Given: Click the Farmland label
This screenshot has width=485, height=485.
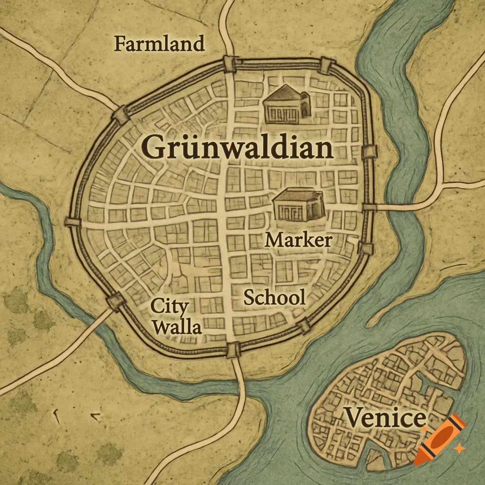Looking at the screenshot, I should [x=160, y=44].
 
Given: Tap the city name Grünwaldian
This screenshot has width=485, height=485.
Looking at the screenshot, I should [x=237, y=147].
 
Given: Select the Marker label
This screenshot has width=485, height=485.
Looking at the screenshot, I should [x=298, y=240].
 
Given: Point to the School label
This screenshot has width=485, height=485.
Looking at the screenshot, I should [x=274, y=297].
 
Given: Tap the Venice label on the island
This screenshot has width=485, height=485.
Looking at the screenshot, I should [x=385, y=418].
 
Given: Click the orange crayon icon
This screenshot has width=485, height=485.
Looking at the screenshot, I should [x=439, y=439].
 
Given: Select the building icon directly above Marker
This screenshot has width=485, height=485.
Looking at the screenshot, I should [x=299, y=205].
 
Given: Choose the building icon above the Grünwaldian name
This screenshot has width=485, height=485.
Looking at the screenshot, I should [x=287, y=104].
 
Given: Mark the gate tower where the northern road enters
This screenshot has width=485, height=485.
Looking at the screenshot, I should [x=230, y=63].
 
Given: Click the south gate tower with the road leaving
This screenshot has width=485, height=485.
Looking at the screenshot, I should [x=233, y=350].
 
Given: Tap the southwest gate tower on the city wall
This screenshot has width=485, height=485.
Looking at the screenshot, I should [x=115, y=301].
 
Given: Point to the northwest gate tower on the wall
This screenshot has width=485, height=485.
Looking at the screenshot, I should [x=121, y=114].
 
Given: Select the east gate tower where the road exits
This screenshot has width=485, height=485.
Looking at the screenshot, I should [x=369, y=207].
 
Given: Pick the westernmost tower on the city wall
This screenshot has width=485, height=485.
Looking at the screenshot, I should [x=72, y=222].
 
